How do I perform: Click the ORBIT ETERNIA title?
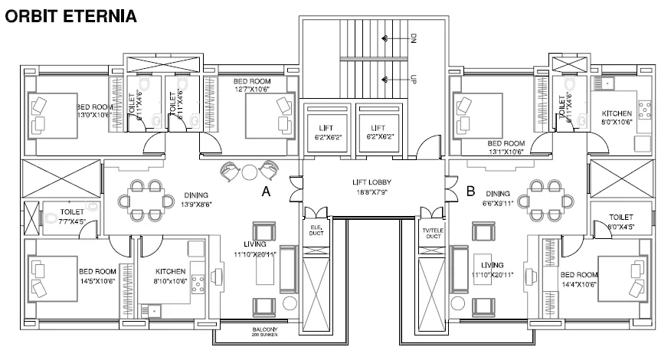click(70, 15)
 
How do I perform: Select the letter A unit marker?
click(266, 193)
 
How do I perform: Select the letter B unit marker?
click(471, 191)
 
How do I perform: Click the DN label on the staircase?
click(414, 38)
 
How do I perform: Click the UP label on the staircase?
click(414, 79)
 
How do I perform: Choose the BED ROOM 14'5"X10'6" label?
click(97, 276)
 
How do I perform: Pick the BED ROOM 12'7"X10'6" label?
click(252, 85)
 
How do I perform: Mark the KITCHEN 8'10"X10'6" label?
click(171, 276)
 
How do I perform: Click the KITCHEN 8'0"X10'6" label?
click(617, 117)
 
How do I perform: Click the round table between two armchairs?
click(249, 171)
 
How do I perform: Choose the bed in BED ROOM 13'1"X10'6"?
click(478, 113)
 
